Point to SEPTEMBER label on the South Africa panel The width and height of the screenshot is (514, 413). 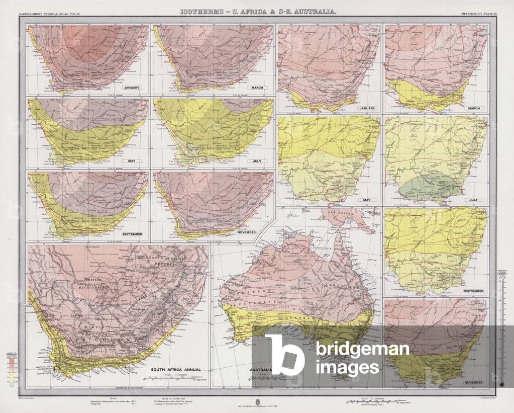pyautogui.click(x=132, y=234)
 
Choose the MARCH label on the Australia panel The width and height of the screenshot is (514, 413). pyautogui.click(x=474, y=108)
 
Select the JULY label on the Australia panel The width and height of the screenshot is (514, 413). pyautogui.click(x=474, y=200)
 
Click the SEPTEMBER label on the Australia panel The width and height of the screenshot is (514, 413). pyautogui.click(x=473, y=291)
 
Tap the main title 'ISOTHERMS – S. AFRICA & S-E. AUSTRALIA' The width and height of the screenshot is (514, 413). pyautogui.click(x=259, y=11)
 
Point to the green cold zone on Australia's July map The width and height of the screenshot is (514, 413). pyautogui.click(x=431, y=186)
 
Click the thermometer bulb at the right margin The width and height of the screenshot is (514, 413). pyautogui.click(x=501, y=383)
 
